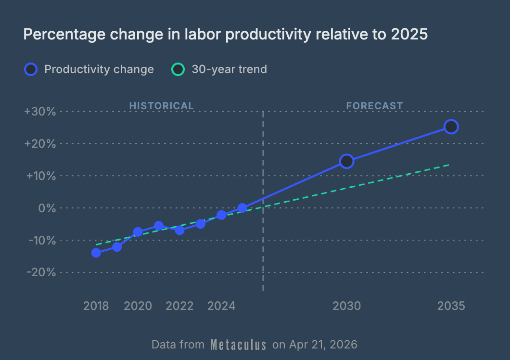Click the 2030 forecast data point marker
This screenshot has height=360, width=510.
tap(346, 161)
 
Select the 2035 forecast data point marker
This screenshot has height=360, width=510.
tap(451, 127)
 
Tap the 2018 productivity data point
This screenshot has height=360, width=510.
tap(96, 253)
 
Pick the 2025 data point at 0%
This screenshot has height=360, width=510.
tap(242, 208)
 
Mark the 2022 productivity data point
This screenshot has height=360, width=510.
tap(179, 230)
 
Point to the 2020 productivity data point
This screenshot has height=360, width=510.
tap(138, 232)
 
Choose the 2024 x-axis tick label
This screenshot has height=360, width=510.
tap(221, 306)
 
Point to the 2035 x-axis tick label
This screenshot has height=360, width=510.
tap(451, 306)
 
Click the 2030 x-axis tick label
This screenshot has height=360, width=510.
tap(346, 306)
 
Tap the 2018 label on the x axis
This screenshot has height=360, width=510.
tap(96, 306)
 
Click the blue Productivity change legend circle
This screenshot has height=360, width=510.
tap(30, 69)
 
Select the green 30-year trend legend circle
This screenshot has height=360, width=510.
tap(178, 69)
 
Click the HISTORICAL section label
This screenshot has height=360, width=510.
tap(161, 106)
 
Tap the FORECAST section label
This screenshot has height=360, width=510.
tap(374, 106)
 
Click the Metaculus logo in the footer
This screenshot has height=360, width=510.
tap(238, 345)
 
